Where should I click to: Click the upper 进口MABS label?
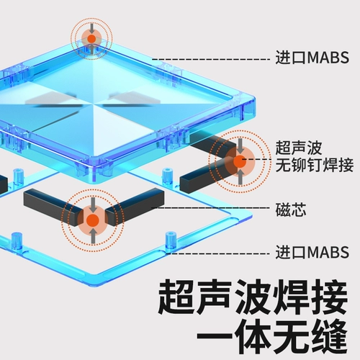(312, 58)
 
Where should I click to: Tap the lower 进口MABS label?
(312, 252)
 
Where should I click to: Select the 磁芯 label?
(291, 210)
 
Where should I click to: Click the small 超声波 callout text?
(299, 148)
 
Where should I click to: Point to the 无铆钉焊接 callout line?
(315, 165)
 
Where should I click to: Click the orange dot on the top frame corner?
(91, 38)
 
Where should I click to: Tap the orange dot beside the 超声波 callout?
(240, 161)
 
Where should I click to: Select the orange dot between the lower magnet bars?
(93, 220)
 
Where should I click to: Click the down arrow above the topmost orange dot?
(91, 27)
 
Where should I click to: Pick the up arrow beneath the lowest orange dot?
(94, 235)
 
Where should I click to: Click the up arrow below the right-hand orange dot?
(240, 177)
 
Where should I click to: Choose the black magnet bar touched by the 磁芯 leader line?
(135, 207)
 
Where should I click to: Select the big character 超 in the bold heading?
(175, 297)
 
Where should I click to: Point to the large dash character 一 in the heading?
(214, 338)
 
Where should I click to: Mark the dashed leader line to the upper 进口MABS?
(211, 59)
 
